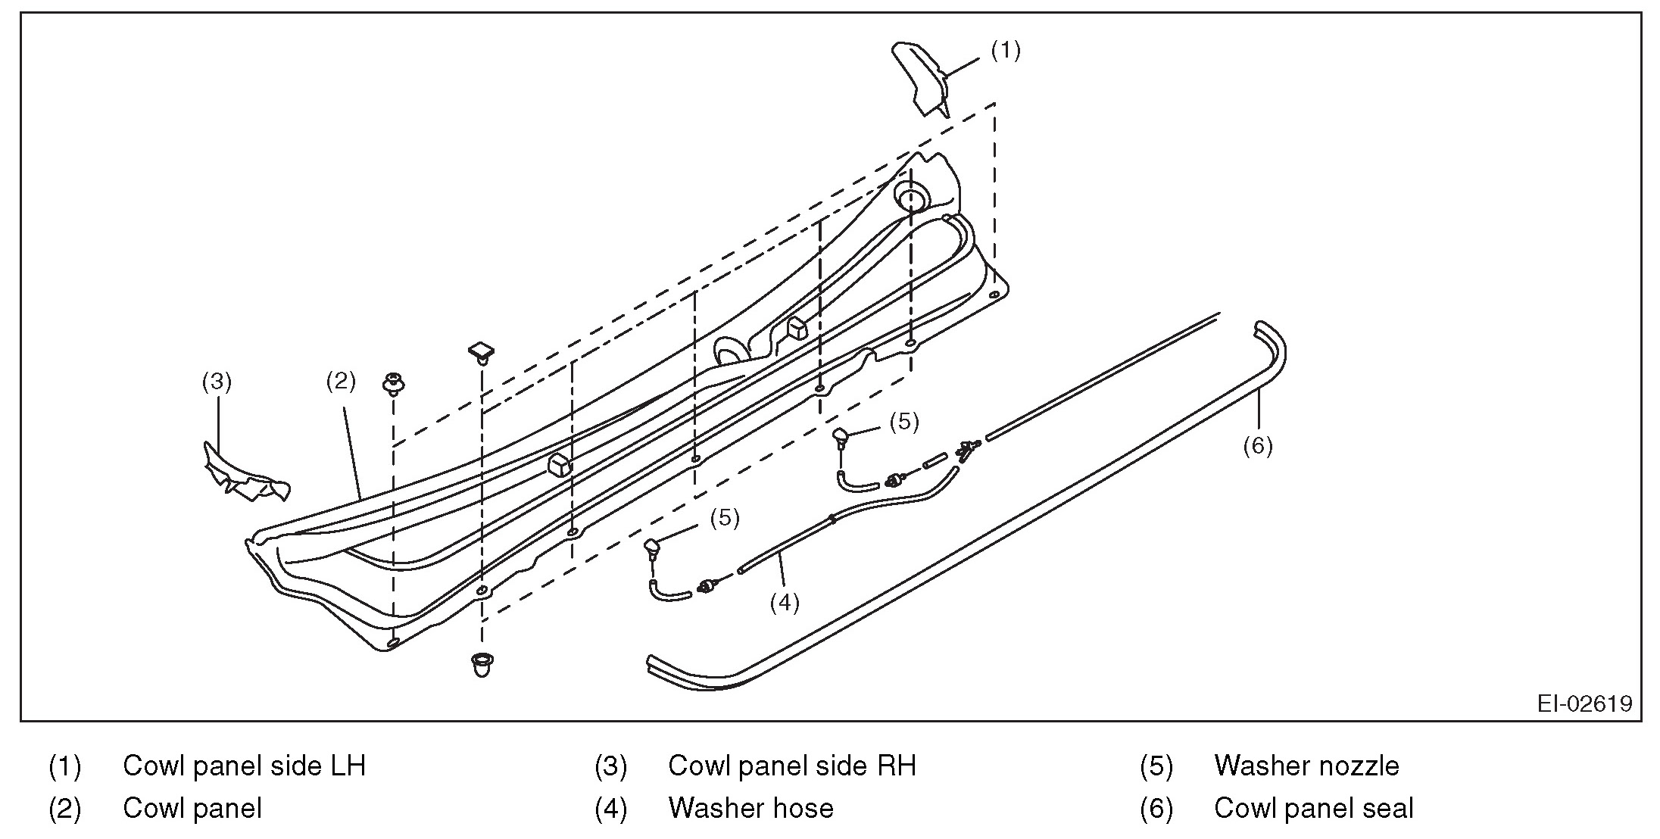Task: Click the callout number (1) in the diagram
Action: (x=1006, y=51)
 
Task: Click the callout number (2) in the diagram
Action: (x=340, y=381)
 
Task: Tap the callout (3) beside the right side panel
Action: (x=217, y=382)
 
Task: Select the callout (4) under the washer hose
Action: (x=785, y=603)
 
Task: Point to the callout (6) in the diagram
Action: (x=1258, y=446)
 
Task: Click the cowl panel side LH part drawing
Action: (x=921, y=78)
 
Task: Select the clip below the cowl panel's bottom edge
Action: (x=481, y=663)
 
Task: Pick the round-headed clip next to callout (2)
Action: (x=393, y=383)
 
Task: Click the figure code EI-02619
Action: (x=1584, y=703)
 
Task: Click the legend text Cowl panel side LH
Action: (x=244, y=766)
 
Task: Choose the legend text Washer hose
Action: (x=750, y=808)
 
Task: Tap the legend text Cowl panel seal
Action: (x=1313, y=808)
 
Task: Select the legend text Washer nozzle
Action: (x=1306, y=766)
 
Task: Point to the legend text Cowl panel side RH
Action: (x=791, y=766)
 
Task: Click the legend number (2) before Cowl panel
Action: (x=64, y=808)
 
